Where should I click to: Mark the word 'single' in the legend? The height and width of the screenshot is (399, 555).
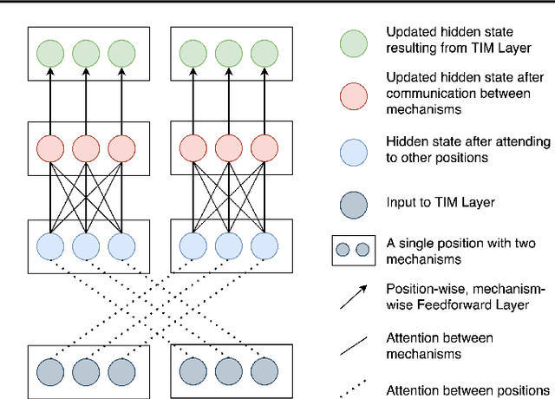point(416,243)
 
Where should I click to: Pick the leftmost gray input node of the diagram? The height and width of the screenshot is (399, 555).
point(49,371)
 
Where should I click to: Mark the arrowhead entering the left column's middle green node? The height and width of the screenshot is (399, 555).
point(86,76)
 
